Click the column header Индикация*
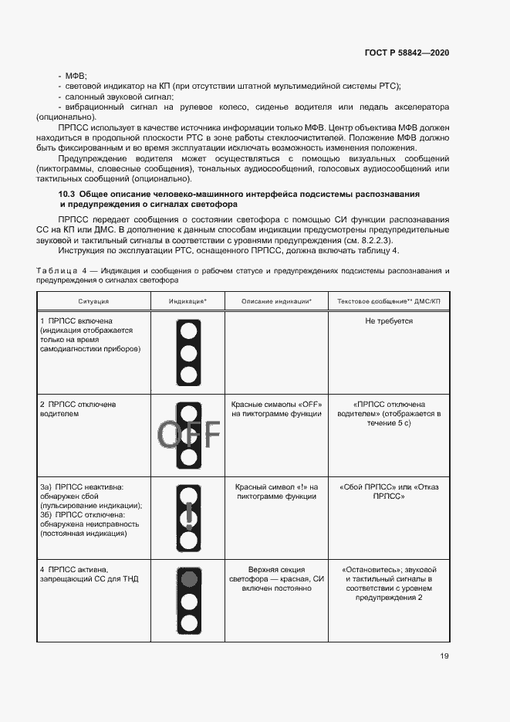[x=188, y=300]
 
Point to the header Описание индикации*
[x=276, y=300]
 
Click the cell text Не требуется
[x=389, y=320]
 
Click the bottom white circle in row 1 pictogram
[x=189, y=375]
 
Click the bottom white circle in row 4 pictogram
[x=189, y=622]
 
